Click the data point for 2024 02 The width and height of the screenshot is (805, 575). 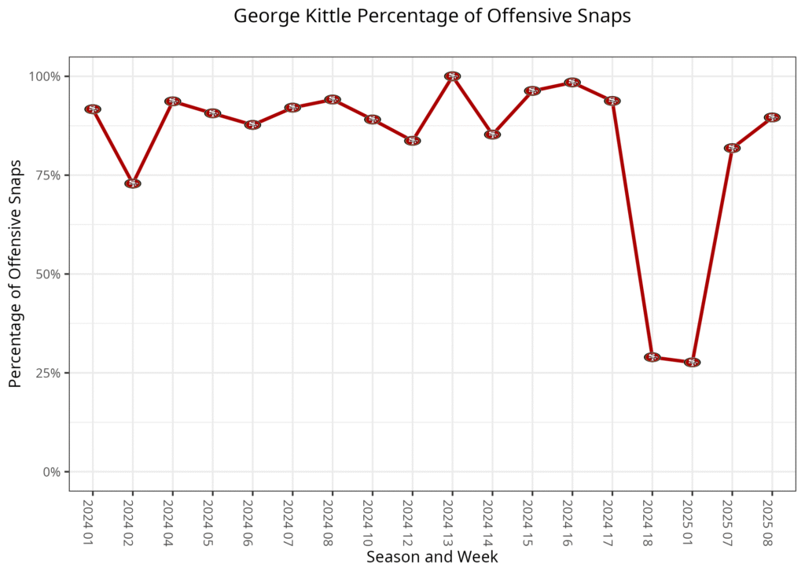pos(133,183)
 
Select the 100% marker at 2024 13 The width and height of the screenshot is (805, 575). pos(452,76)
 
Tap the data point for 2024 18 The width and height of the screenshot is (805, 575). pos(652,357)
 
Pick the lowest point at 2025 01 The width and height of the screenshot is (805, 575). pos(692,363)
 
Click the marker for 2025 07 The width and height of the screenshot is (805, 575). pos(732,148)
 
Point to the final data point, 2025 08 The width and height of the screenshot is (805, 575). pos(772,117)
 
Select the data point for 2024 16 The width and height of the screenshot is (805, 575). pos(572,83)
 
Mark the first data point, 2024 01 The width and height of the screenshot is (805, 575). pos(93,109)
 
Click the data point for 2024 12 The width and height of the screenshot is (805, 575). pos(413,141)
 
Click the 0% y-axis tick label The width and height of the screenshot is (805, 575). pos(52,472)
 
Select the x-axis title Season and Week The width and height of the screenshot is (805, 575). pos(432,557)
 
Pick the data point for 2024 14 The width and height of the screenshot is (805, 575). pos(492,135)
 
